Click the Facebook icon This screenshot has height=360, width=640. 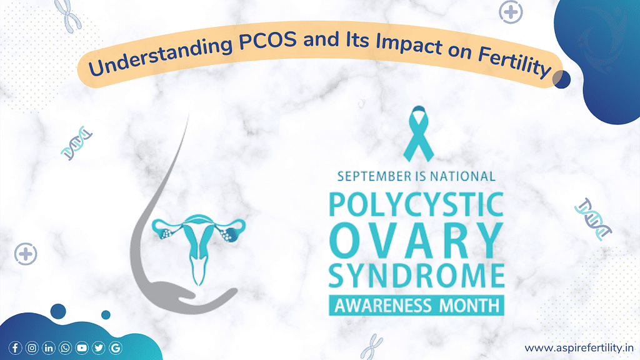pyautogui.click(x=15, y=348)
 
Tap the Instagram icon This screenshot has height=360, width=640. pyautogui.click(x=32, y=348)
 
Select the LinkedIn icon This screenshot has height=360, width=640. pyautogui.click(x=49, y=348)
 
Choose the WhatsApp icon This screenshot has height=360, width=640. pyautogui.click(x=65, y=348)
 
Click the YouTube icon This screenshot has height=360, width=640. pyautogui.click(x=82, y=348)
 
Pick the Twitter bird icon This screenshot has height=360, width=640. pyautogui.click(x=99, y=348)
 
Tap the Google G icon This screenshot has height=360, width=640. pyautogui.click(x=115, y=348)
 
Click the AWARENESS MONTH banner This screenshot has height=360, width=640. pyautogui.click(x=416, y=306)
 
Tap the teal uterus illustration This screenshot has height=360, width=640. pyautogui.click(x=198, y=241)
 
